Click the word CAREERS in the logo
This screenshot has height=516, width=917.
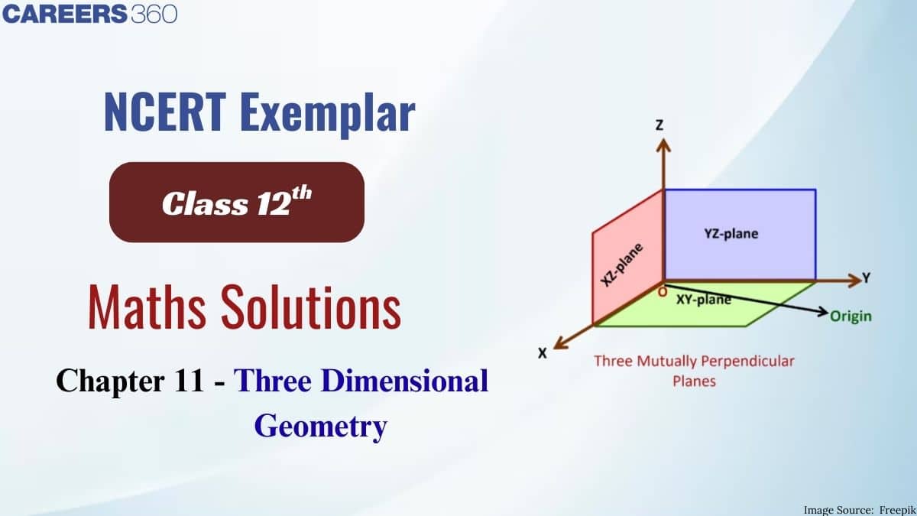(65, 14)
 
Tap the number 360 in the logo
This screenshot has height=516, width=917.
(154, 14)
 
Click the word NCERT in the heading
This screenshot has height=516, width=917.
(165, 112)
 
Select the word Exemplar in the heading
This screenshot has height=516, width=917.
(328, 115)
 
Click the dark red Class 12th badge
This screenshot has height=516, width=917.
(237, 203)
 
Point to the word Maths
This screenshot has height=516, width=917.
(147, 307)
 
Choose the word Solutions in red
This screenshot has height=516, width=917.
(311, 307)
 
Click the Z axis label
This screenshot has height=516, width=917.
(659, 125)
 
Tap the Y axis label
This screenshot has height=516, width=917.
(867, 277)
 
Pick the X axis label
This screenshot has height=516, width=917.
(543, 353)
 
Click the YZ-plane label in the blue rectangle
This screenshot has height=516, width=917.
(731, 234)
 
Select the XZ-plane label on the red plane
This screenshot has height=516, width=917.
(622, 264)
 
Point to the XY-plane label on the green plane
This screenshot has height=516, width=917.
(704, 300)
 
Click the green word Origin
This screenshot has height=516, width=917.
(851, 316)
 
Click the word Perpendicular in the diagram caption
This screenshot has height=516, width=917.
(747, 361)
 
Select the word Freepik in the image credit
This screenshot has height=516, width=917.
(897, 510)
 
